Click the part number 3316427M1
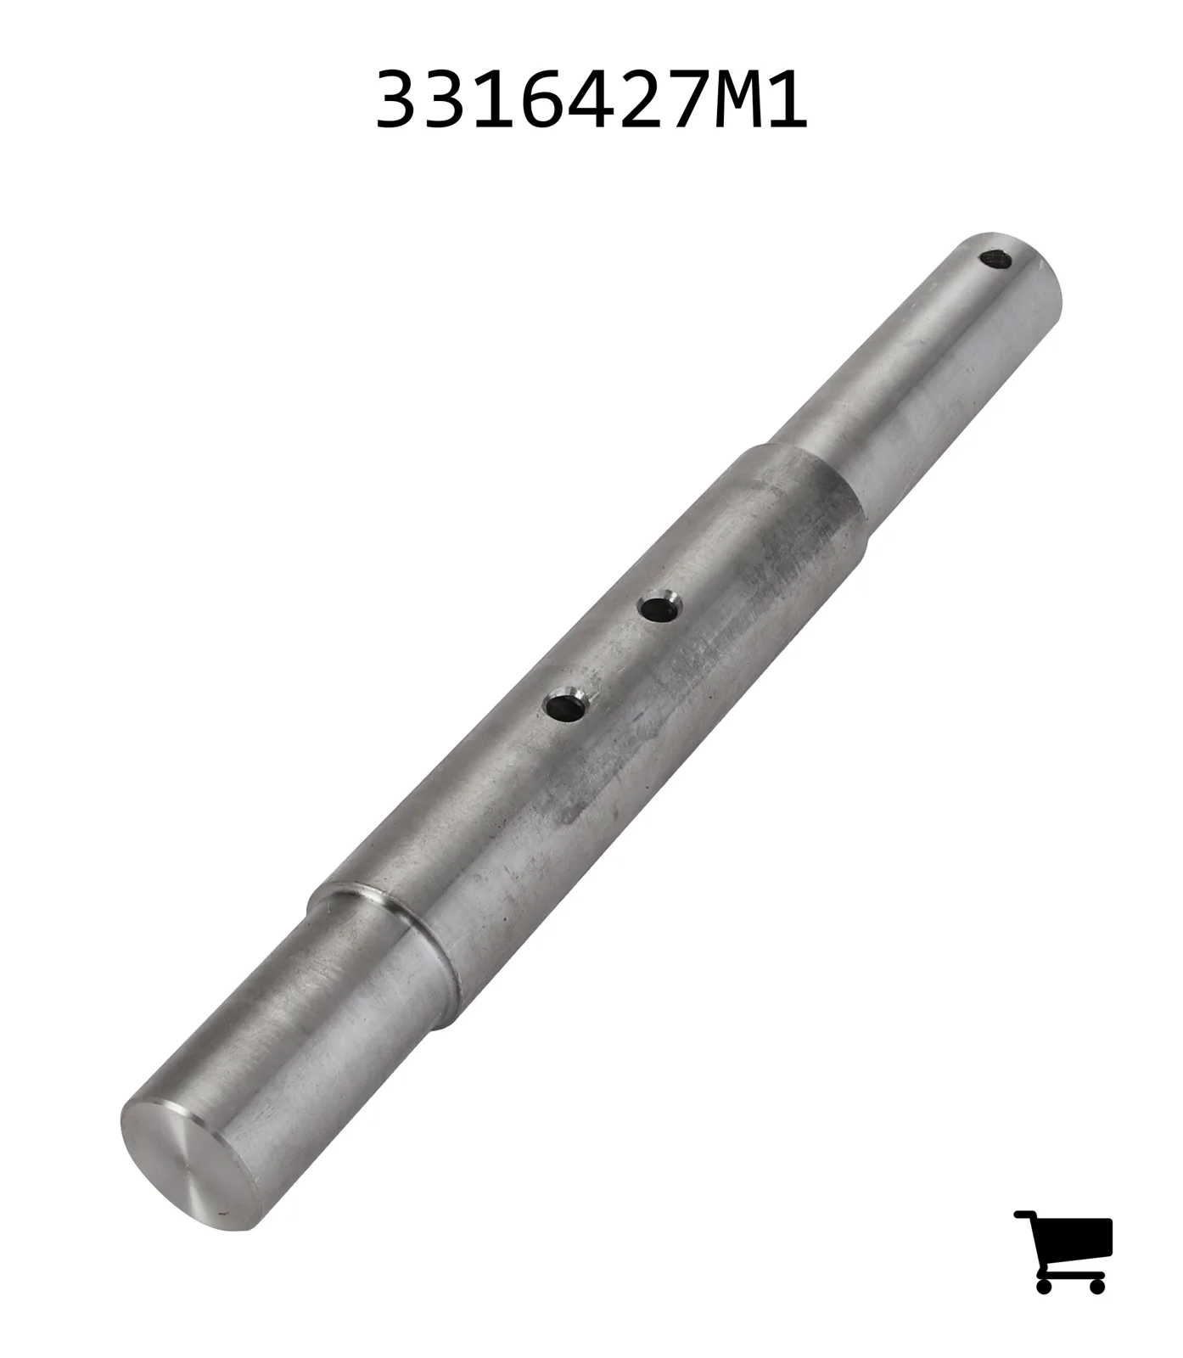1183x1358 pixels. [x=591, y=100]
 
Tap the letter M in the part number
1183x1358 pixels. [x=737, y=100]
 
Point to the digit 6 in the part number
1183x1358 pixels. [x=541, y=100]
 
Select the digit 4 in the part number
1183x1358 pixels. [x=591, y=100]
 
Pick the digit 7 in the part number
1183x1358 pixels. [x=688, y=100]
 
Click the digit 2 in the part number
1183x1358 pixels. [x=639, y=100]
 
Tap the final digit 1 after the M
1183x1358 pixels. [x=786, y=100]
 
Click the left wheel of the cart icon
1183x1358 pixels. [x=1044, y=1285]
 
